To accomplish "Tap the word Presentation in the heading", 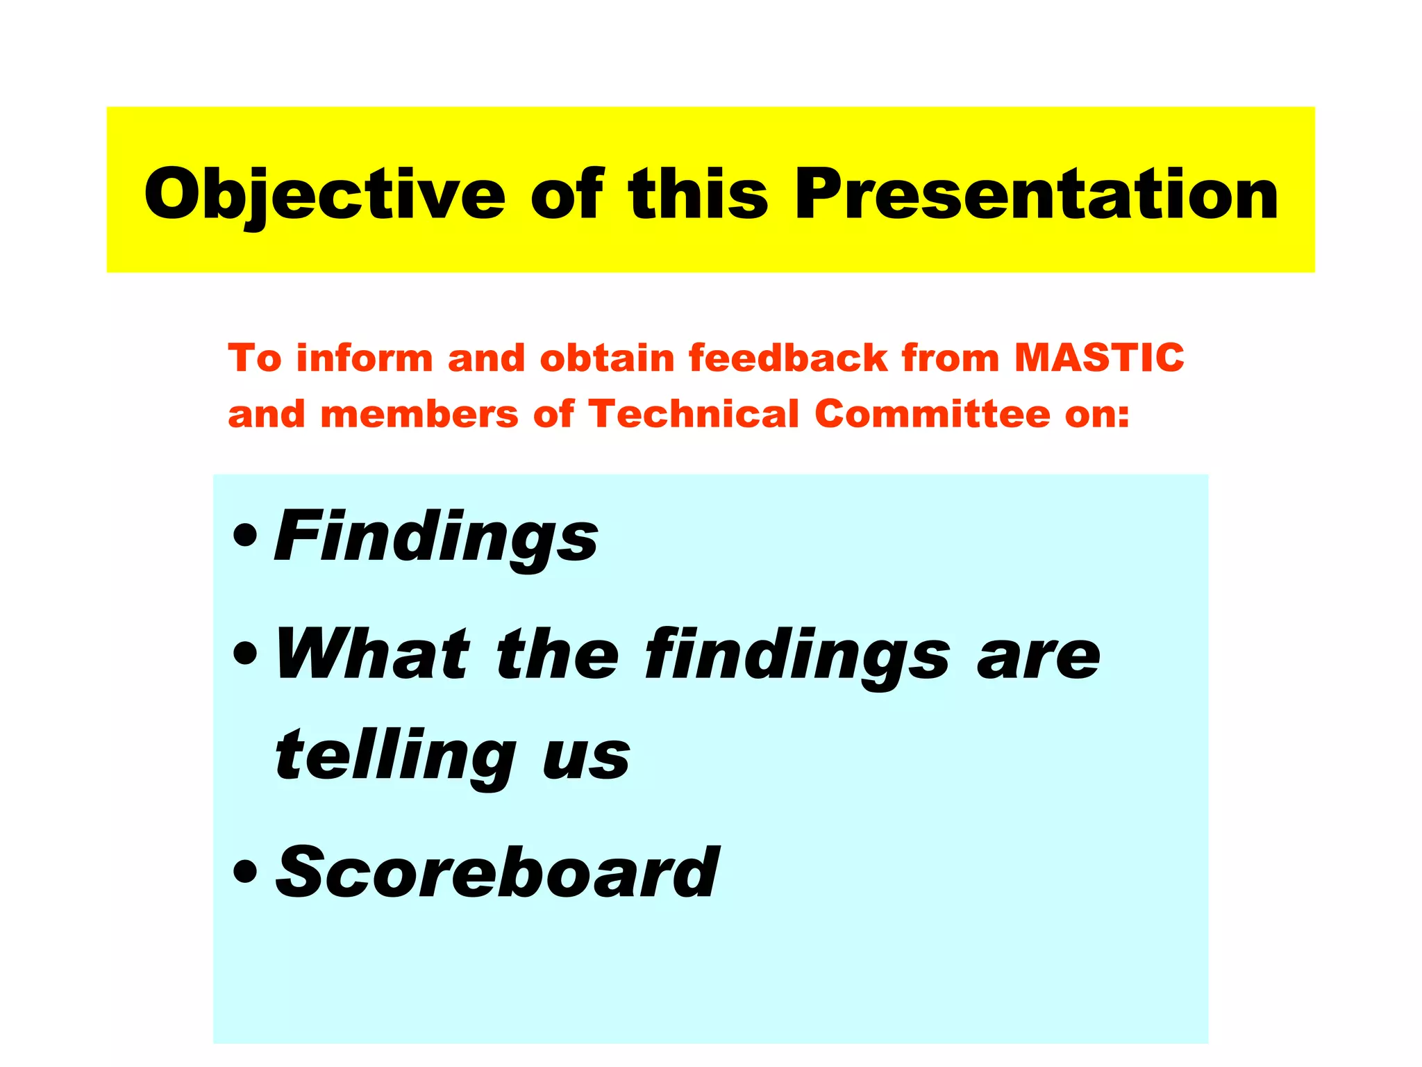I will click(x=1036, y=195).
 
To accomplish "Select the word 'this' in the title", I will click(x=698, y=195).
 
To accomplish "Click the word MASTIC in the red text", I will click(x=1099, y=358).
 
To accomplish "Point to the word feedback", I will click(x=788, y=358).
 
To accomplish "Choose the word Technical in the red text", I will click(x=694, y=414).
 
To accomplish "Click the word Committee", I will click(x=932, y=414).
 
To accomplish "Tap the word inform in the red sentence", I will click(x=365, y=358).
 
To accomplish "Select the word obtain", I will click(x=607, y=358).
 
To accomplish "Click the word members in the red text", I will click(x=419, y=415).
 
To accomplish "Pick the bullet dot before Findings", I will click(x=245, y=537).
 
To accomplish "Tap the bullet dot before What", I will click(x=245, y=654).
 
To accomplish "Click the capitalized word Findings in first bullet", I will click(x=437, y=537).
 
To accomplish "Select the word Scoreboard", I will click(x=497, y=872).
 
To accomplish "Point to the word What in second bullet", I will click(x=373, y=654).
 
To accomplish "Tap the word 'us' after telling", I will click(x=586, y=757).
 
